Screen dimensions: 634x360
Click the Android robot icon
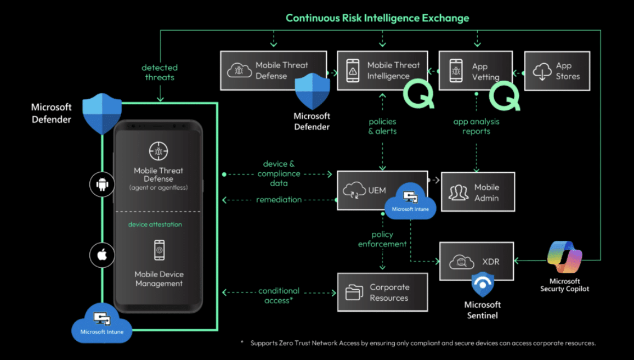103,184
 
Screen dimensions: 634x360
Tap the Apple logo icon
103,255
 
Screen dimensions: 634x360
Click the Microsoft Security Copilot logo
564,257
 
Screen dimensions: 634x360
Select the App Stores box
557,71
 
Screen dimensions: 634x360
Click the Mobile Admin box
478,192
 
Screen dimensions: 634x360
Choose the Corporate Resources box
382,292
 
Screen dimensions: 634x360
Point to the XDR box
476,261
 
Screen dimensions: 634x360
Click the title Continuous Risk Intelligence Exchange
377,18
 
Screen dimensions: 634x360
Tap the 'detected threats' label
160,72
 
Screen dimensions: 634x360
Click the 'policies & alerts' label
382,126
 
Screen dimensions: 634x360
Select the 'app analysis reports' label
476,126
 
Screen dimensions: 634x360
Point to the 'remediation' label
279,199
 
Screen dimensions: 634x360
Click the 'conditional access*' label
279,295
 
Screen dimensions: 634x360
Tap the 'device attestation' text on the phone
155,224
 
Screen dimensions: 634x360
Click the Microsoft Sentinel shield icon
483,284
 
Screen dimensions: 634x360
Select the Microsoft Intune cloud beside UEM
410,201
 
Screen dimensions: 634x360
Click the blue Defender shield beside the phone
102,114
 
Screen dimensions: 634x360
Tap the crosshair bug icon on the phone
158,151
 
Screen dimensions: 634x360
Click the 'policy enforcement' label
382,239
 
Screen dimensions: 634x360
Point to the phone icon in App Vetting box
456,71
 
